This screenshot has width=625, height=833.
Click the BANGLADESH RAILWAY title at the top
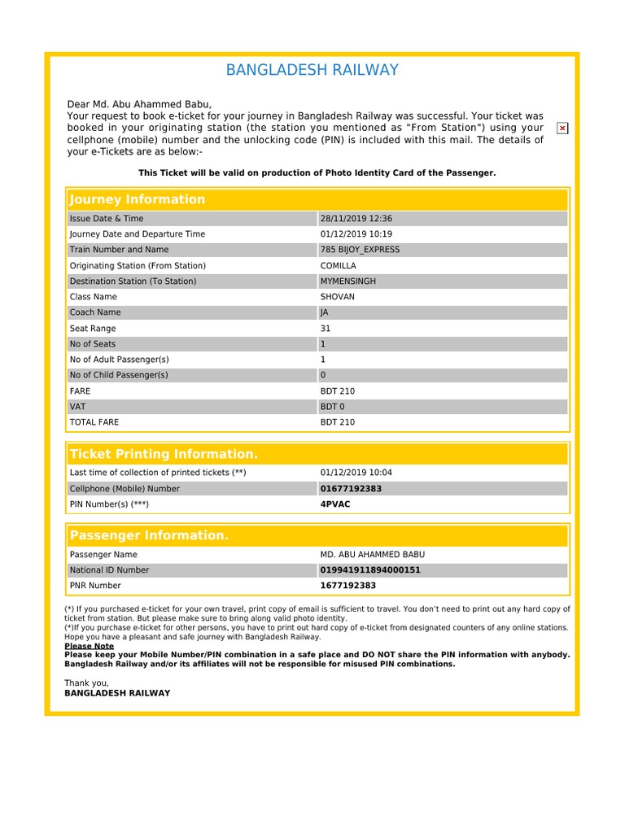pos(312,70)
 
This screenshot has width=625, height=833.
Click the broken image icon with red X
pos(562,129)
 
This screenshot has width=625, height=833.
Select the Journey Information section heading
pos(138,200)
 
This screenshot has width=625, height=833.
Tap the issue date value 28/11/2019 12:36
pos(356,219)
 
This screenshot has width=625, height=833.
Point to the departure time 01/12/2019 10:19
pos(356,234)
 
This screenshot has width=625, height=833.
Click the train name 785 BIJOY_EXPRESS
pos(361,250)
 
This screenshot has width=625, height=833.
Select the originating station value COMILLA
pos(339,266)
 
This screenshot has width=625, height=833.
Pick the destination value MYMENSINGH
pos(348,281)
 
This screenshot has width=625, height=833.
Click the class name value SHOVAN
pos(338,297)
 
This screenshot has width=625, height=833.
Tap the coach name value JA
pos(325,312)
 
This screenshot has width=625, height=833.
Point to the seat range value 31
pos(326,329)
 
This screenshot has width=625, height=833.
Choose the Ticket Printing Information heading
pos(164,454)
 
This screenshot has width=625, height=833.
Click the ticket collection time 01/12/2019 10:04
pos(356,473)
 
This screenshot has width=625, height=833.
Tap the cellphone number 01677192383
pos(351,489)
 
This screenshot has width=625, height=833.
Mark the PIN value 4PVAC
pos(336,504)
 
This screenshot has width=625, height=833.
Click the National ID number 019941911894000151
pos(370,570)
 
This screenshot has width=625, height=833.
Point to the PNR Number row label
pos(95,586)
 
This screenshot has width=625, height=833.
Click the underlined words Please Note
pos(89,646)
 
